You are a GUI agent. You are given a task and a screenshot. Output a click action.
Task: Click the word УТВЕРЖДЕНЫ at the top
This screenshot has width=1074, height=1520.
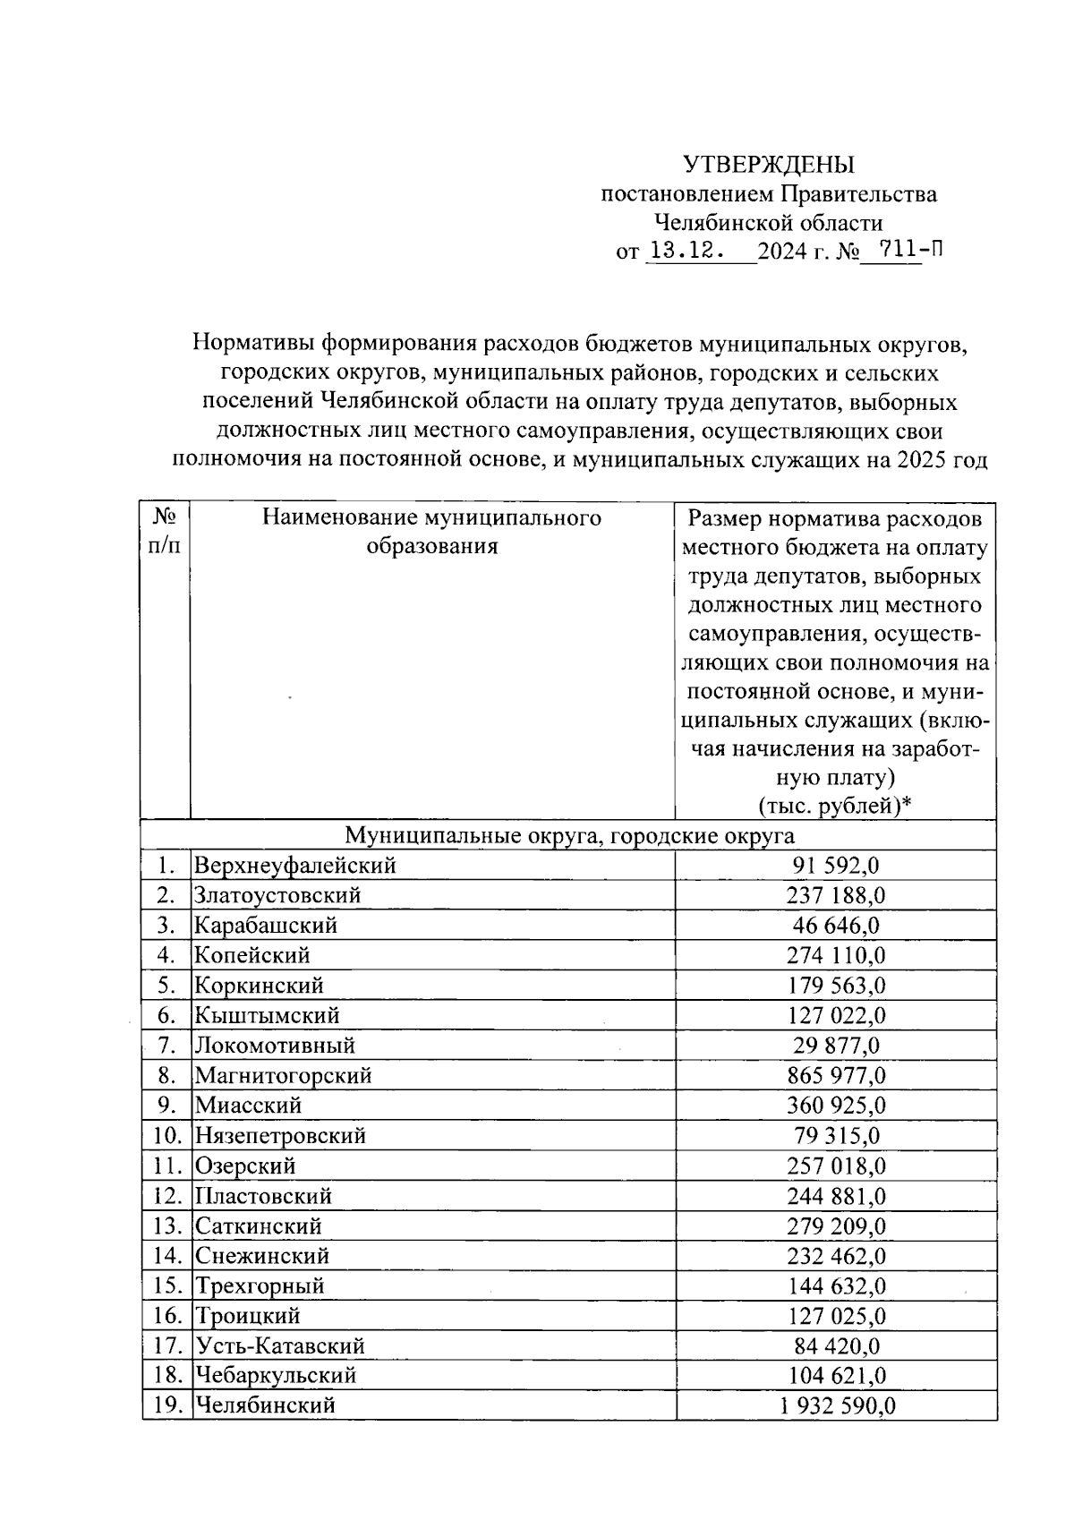(x=769, y=165)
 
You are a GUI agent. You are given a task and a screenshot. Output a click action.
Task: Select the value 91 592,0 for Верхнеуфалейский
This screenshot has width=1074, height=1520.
(x=836, y=866)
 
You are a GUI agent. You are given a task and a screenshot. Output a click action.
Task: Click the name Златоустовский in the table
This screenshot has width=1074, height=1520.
(x=278, y=895)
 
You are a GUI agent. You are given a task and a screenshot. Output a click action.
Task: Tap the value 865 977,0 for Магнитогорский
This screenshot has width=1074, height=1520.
(x=836, y=1075)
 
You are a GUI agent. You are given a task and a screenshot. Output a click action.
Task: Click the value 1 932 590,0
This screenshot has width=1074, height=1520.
(x=836, y=1405)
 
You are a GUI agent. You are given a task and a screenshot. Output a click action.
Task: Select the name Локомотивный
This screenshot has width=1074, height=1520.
(x=276, y=1046)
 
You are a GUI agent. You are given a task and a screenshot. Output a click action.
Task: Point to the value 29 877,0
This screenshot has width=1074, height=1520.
(x=836, y=1046)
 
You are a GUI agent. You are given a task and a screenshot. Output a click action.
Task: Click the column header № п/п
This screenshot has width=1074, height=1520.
(x=165, y=531)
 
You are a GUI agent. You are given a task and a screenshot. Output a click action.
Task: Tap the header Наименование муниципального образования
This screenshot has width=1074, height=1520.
(x=431, y=532)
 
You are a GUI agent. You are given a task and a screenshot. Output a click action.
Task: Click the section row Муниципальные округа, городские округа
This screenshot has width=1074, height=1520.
(x=569, y=836)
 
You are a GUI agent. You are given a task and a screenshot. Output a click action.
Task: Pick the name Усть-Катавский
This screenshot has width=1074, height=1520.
(x=280, y=1345)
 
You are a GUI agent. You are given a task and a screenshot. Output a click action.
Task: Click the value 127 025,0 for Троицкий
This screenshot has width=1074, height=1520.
(x=836, y=1316)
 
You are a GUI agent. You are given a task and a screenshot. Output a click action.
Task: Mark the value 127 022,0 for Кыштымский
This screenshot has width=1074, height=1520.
(x=836, y=1015)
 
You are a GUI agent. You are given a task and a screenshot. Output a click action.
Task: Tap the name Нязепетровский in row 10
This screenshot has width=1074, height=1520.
(x=281, y=1136)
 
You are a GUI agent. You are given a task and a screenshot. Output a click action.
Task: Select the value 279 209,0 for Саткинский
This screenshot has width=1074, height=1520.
(x=836, y=1225)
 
